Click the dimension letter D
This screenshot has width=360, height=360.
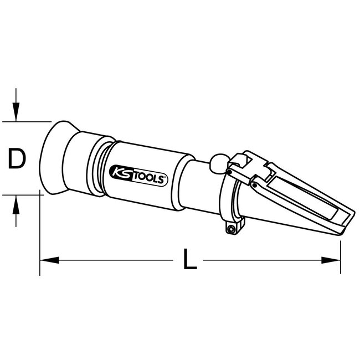[18, 160]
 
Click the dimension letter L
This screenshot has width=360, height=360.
[190, 259]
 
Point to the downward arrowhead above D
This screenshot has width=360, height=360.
[18, 114]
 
